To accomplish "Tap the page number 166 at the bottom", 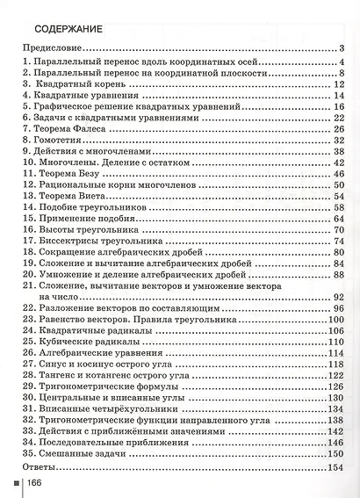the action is [x=36, y=484].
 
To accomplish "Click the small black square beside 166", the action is [x=13, y=484].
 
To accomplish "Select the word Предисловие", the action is [x=53, y=48].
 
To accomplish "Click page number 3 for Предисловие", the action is [x=340, y=48].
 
